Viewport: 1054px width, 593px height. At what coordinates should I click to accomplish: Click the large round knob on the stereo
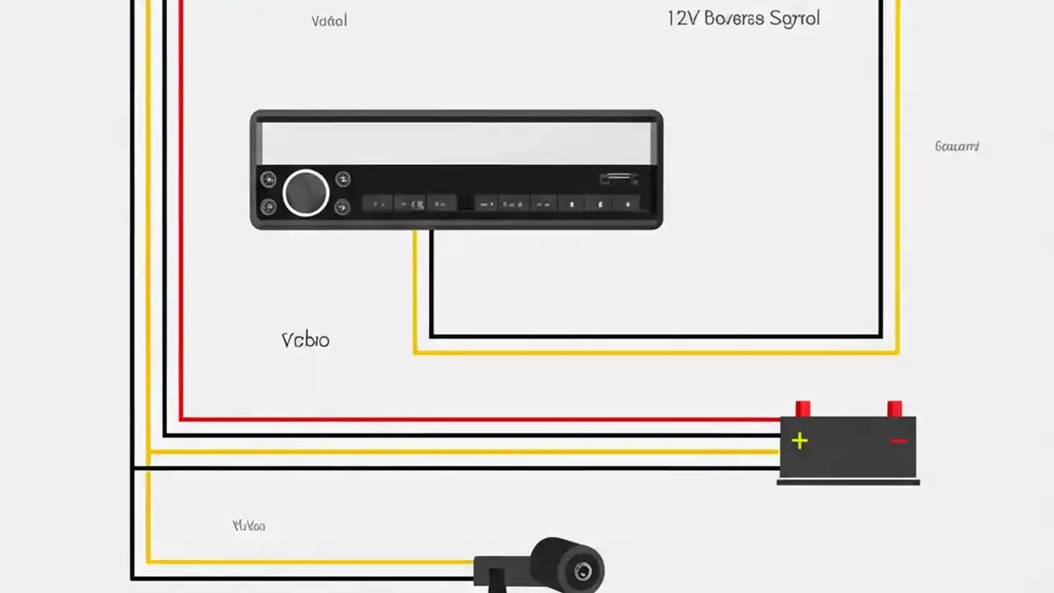[x=305, y=193]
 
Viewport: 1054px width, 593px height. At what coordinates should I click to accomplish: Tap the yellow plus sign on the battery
[x=799, y=441]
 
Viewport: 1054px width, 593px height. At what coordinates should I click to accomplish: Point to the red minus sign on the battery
[x=898, y=441]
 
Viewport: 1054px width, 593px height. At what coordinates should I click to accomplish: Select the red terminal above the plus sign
[x=803, y=409]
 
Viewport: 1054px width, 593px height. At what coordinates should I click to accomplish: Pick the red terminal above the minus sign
[x=894, y=409]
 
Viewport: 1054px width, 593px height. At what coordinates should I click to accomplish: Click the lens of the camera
[x=584, y=570]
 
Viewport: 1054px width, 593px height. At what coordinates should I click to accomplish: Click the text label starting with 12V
[x=743, y=19]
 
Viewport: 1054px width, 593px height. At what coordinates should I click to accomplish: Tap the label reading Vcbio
[x=305, y=339]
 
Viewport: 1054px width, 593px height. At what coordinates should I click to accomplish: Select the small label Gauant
[x=957, y=147]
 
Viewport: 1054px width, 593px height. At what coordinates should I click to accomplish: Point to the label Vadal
[x=329, y=21]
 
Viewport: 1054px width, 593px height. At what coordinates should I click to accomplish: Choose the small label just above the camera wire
[x=249, y=525]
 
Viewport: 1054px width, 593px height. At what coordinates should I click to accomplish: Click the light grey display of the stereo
[x=457, y=142]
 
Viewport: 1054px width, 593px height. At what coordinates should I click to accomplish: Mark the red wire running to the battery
[x=478, y=419]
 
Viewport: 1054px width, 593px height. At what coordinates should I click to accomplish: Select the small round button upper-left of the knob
[x=268, y=179]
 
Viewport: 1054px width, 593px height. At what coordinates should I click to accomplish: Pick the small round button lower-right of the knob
[x=343, y=206]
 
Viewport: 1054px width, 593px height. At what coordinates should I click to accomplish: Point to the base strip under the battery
[x=848, y=482]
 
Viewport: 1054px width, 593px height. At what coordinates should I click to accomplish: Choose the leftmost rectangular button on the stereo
[x=377, y=203]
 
